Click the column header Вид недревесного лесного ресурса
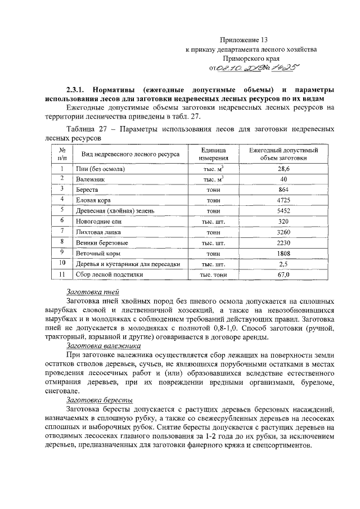130,154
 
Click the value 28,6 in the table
283,169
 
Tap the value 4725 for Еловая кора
283,200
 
